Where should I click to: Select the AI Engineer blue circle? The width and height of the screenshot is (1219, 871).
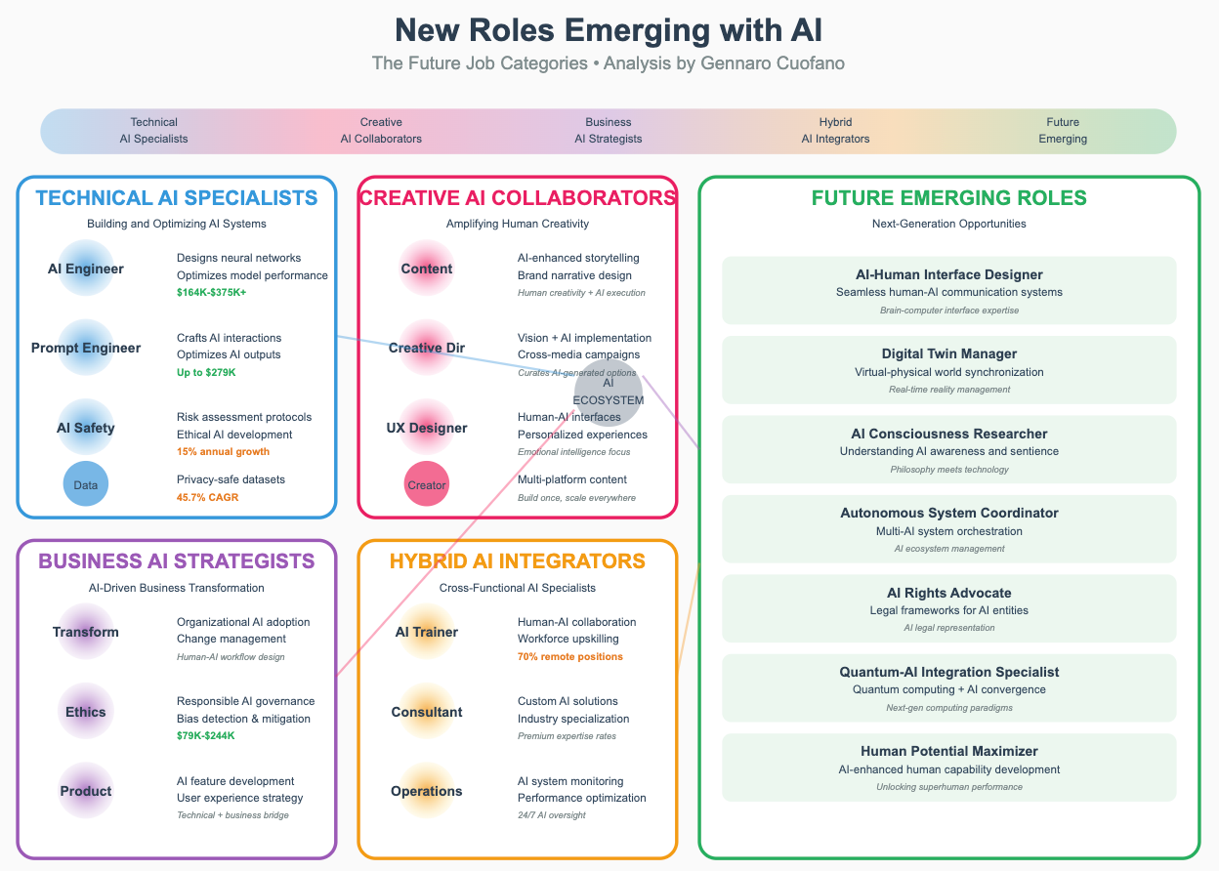86,269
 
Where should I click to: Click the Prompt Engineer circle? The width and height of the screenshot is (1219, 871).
86,348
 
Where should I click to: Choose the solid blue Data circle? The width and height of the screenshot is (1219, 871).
86,484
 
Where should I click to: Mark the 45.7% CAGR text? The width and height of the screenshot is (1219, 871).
207,497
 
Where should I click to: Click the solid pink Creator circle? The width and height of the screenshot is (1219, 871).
427,484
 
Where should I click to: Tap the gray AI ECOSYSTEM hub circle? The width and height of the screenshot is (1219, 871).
609,392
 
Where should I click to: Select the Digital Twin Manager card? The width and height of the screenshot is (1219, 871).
948,370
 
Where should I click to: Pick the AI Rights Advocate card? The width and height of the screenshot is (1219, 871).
948,608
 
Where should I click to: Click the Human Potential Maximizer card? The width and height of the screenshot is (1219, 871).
948,767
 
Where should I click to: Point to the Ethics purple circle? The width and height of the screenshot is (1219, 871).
86,712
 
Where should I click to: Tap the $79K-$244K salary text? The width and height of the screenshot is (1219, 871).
205,735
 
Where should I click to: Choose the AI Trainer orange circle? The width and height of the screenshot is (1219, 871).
427,632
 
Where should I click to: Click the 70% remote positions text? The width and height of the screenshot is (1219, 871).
569,656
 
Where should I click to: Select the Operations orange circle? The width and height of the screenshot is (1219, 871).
427,791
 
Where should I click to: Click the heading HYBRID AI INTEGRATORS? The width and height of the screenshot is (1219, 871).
517,560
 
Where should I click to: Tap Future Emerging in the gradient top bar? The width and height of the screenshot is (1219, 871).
1063,131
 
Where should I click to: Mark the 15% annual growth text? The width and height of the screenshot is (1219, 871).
223,451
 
